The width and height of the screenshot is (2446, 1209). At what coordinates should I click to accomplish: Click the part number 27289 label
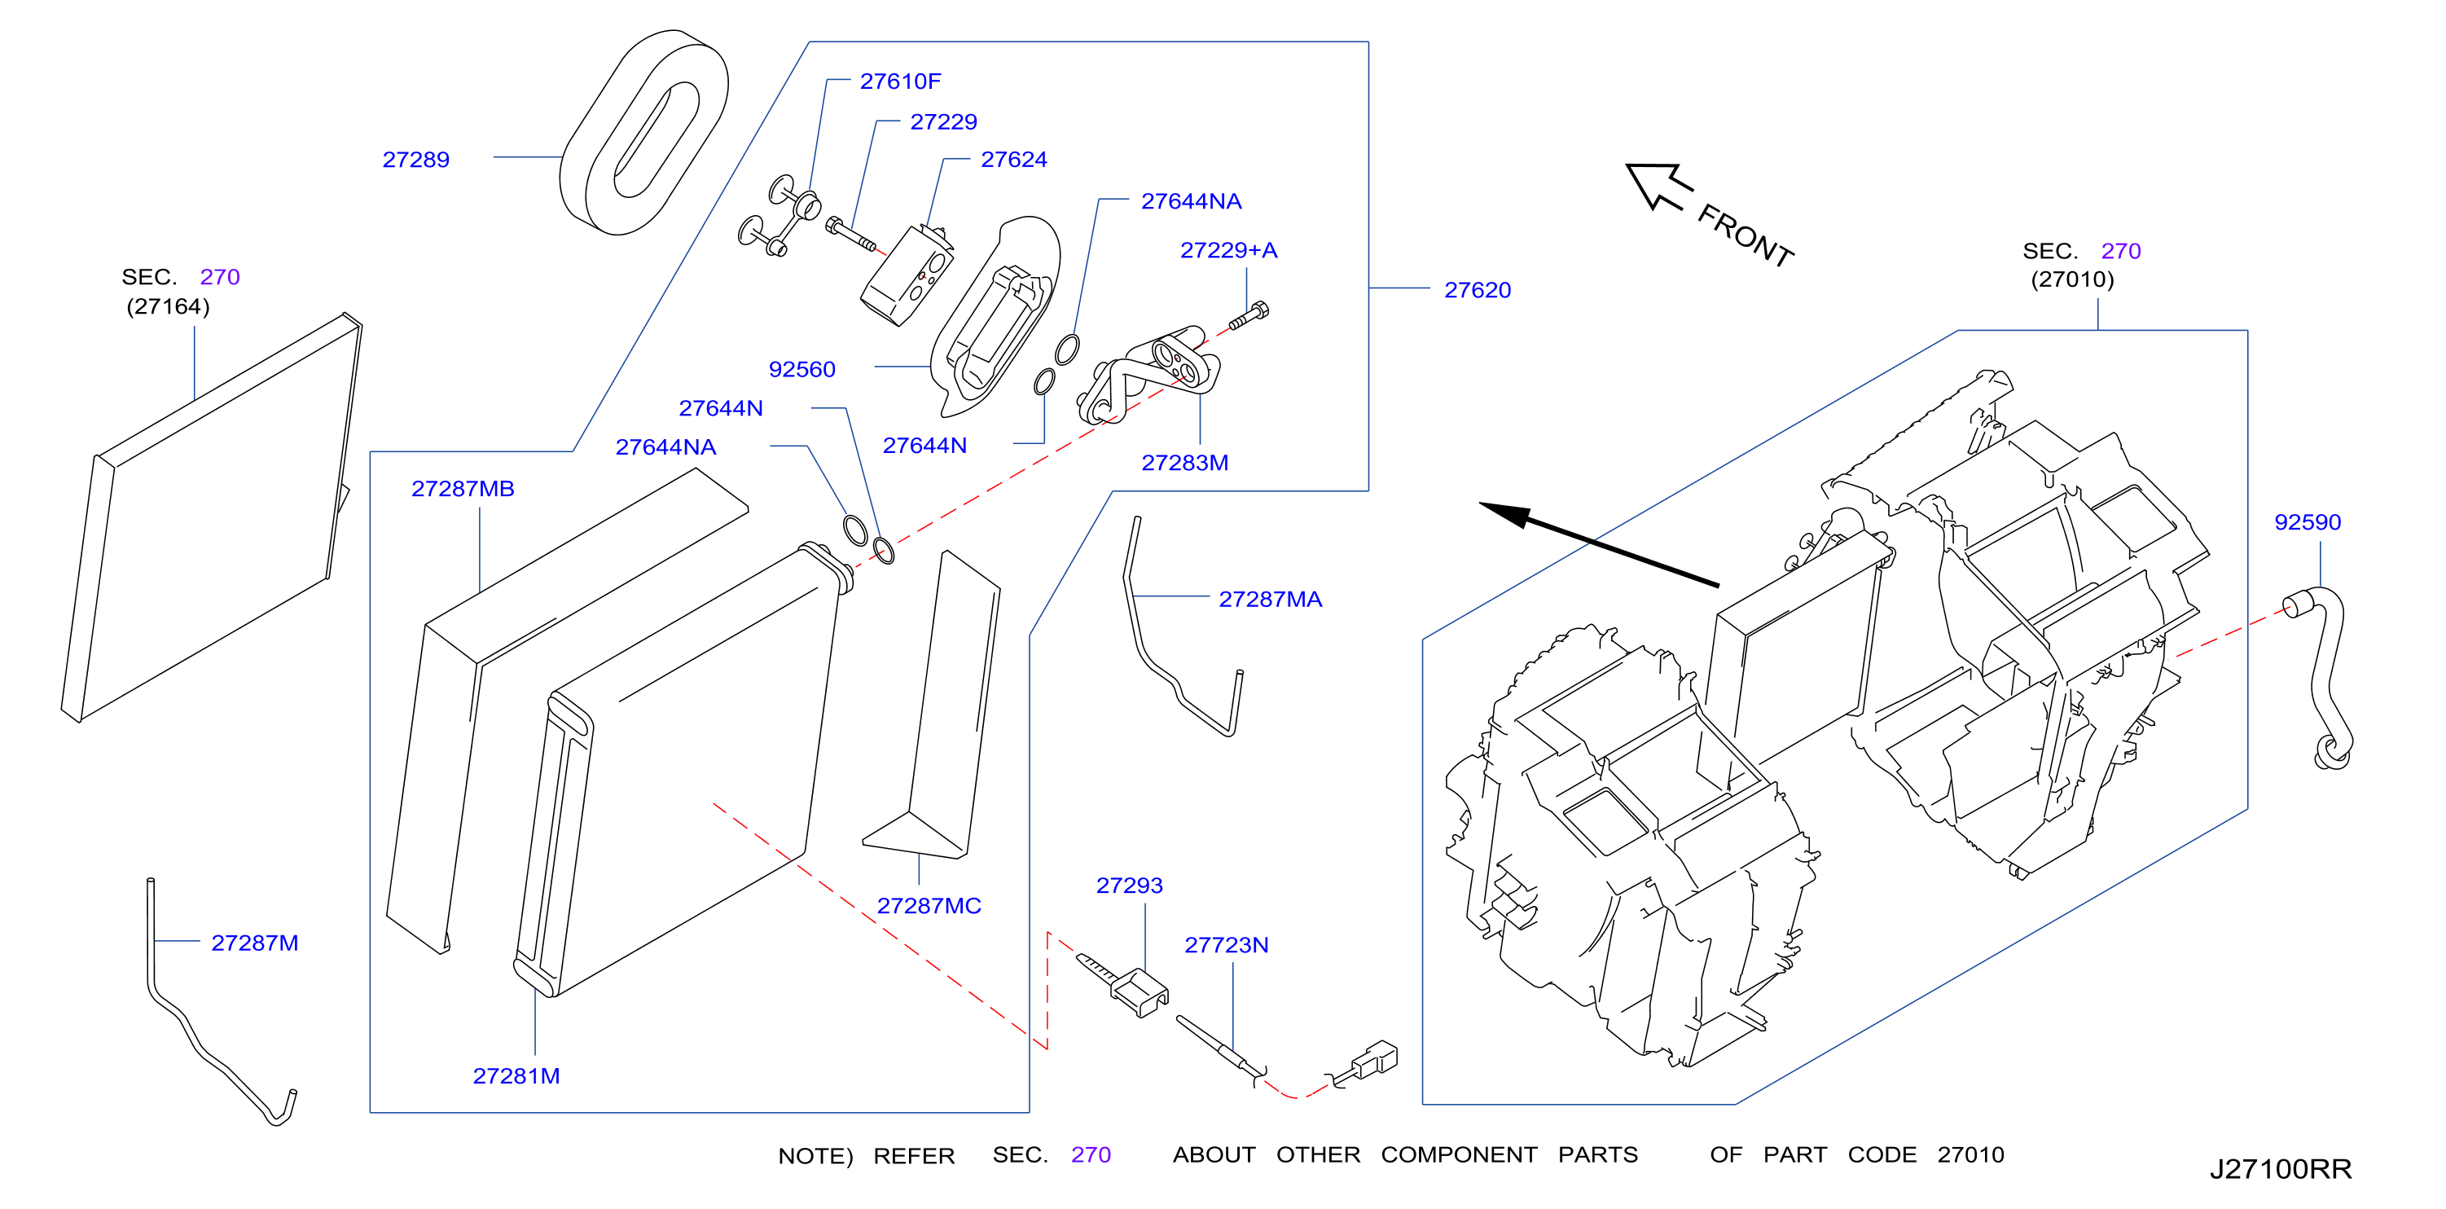click(x=416, y=160)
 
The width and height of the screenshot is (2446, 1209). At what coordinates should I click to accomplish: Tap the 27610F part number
click(x=900, y=81)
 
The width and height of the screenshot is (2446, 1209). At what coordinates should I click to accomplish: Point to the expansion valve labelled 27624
click(x=907, y=275)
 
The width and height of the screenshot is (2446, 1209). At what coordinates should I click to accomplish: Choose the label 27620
click(x=1478, y=290)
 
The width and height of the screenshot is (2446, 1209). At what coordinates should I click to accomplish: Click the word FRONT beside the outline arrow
click(x=1746, y=235)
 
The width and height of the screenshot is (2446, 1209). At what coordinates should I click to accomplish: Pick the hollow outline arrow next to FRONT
click(x=1658, y=185)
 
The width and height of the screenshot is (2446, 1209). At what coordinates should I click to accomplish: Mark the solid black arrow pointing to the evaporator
click(x=1599, y=544)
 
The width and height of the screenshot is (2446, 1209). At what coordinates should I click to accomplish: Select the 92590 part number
click(x=2308, y=522)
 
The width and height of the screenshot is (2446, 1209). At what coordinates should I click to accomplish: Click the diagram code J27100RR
click(x=2280, y=1169)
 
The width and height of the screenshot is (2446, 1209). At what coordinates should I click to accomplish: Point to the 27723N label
click(x=1226, y=945)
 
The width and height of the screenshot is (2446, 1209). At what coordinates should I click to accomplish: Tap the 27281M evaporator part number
click(x=516, y=1076)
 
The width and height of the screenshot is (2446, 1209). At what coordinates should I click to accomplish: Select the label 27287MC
click(x=929, y=906)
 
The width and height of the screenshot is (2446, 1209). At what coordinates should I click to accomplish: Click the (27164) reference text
click(x=168, y=307)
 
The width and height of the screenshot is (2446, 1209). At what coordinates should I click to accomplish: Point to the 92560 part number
click(x=801, y=369)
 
